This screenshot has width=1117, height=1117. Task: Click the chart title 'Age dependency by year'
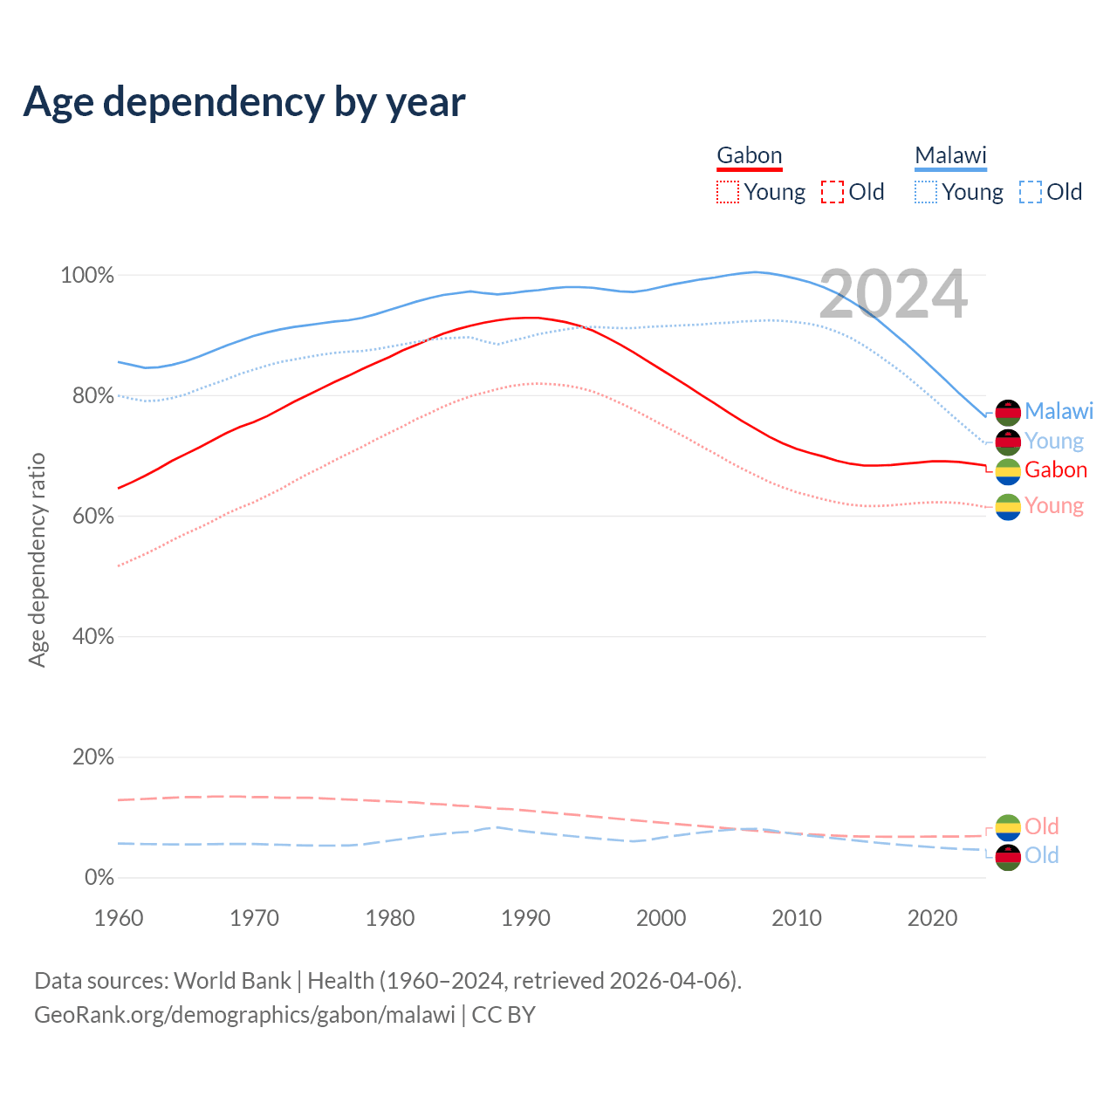point(244,102)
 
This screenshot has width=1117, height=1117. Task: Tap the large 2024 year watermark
point(894,294)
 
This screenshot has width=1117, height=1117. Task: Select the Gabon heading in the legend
point(749,156)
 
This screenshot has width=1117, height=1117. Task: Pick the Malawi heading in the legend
point(950,156)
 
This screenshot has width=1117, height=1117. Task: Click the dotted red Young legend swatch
point(727,192)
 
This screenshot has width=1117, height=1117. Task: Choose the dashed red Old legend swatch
point(833,192)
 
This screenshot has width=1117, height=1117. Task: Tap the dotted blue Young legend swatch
point(926,192)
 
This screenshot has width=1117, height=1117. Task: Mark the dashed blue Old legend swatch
point(1031,192)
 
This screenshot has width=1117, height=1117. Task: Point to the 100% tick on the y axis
point(87,276)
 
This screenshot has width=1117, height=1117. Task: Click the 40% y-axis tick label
point(93,637)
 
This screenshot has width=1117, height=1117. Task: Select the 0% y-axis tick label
point(99,878)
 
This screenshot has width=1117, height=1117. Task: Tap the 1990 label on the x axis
point(525,918)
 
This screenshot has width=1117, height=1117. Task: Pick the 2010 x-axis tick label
point(797,918)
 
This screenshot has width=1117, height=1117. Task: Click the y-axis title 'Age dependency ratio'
point(37,560)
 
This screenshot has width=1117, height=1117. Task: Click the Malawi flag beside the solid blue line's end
point(1008,412)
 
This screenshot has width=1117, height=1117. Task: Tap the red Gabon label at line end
point(1056,470)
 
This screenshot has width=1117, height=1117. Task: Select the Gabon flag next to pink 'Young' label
point(1008,507)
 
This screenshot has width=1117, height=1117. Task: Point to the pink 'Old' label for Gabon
point(1041,826)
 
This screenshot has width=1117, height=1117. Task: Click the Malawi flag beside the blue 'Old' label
point(1008,857)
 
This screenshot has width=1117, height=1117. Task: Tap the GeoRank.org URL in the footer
point(244,1015)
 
